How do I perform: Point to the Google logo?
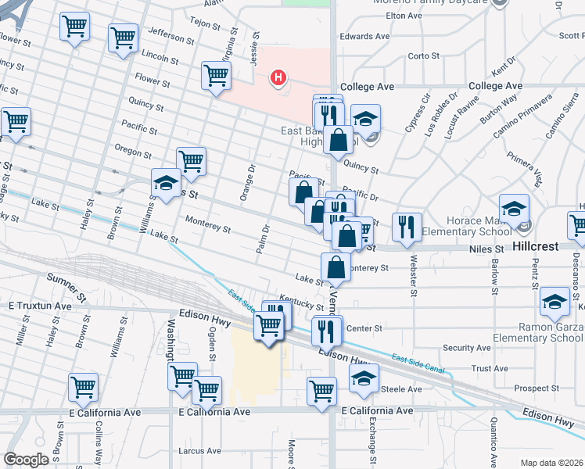pyautogui.click(x=26, y=460)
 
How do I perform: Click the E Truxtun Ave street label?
pyautogui.click(x=38, y=306)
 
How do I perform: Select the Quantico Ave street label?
pyautogui.click(x=493, y=437)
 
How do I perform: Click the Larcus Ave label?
pyautogui.click(x=199, y=451)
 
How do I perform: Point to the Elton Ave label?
pyautogui.click(x=404, y=15)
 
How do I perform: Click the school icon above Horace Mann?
pyautogui.click(x=514, y=208)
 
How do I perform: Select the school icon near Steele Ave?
pyautogui.click(x=364, y=378)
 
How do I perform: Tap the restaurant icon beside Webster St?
pyautogui.click(x=407, y=227)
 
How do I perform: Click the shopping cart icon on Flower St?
pyautogui.click(x=217, y=76)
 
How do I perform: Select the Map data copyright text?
pyautogui.click(x=551, y=463)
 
